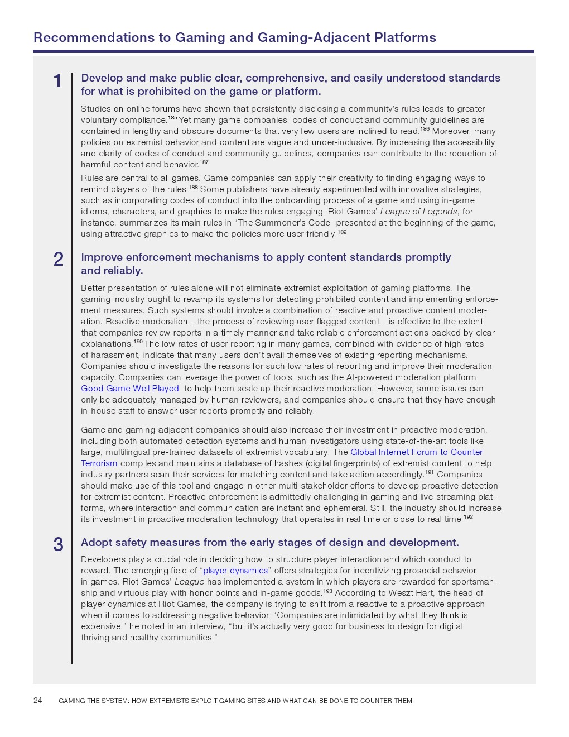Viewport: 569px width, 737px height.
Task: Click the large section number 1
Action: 57,82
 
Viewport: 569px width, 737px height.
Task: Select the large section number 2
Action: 59,260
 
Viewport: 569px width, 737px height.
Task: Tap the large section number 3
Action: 58,544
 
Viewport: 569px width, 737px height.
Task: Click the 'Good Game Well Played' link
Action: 130,389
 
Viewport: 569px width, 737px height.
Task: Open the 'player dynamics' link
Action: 235,571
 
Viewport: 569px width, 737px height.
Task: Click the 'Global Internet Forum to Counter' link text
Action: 416,452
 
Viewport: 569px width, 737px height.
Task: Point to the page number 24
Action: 38,700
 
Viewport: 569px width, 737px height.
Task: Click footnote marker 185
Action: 172,118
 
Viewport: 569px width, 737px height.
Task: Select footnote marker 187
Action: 204,162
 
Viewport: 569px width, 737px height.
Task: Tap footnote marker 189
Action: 342,232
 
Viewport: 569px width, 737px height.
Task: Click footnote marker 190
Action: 138,342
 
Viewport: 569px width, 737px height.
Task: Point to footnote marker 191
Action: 429,472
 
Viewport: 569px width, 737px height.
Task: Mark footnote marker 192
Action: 468,517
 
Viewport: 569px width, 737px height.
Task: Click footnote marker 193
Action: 327,591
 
